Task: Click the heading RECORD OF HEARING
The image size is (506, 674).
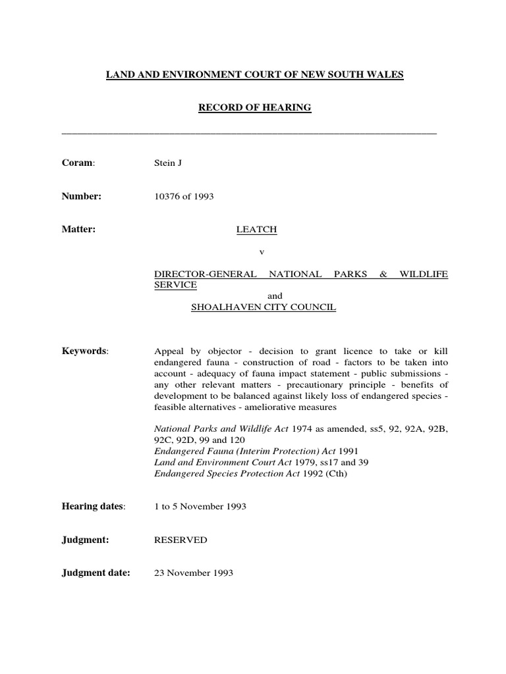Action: [x=254, y=107]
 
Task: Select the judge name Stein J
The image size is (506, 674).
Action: [x=167, y=163]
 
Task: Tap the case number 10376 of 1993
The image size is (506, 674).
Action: [x=184, y=196]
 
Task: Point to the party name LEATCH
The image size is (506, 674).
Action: [x=257, y=230]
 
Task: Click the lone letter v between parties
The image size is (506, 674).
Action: [x=262, y=252]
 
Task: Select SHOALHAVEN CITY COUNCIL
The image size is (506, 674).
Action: [x=263, y=307]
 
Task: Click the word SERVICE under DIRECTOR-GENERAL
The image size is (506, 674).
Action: [x=175, y=285]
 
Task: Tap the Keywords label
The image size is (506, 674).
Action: [x=84, y=351]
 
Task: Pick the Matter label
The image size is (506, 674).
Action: [x=78, y=230]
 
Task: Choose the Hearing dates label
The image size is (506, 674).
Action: [x=92, y=506]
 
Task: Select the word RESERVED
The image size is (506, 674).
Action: [x=181, y=540]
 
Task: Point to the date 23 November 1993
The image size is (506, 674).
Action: [x=194, y=573]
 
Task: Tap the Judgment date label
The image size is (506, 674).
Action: [x=96, y=573]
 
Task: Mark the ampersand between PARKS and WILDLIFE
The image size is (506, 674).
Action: [x=383, y=274]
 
